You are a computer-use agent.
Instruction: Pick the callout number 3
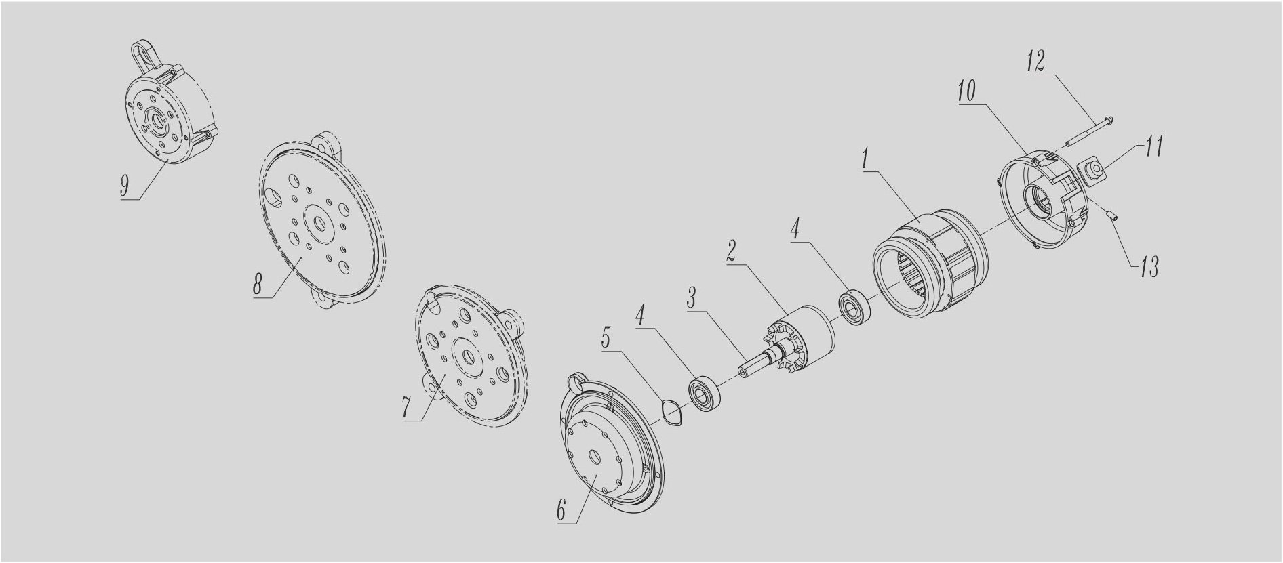(691, 298)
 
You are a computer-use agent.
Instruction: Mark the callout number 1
(865, 161)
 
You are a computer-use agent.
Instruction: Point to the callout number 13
(1148, 267)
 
